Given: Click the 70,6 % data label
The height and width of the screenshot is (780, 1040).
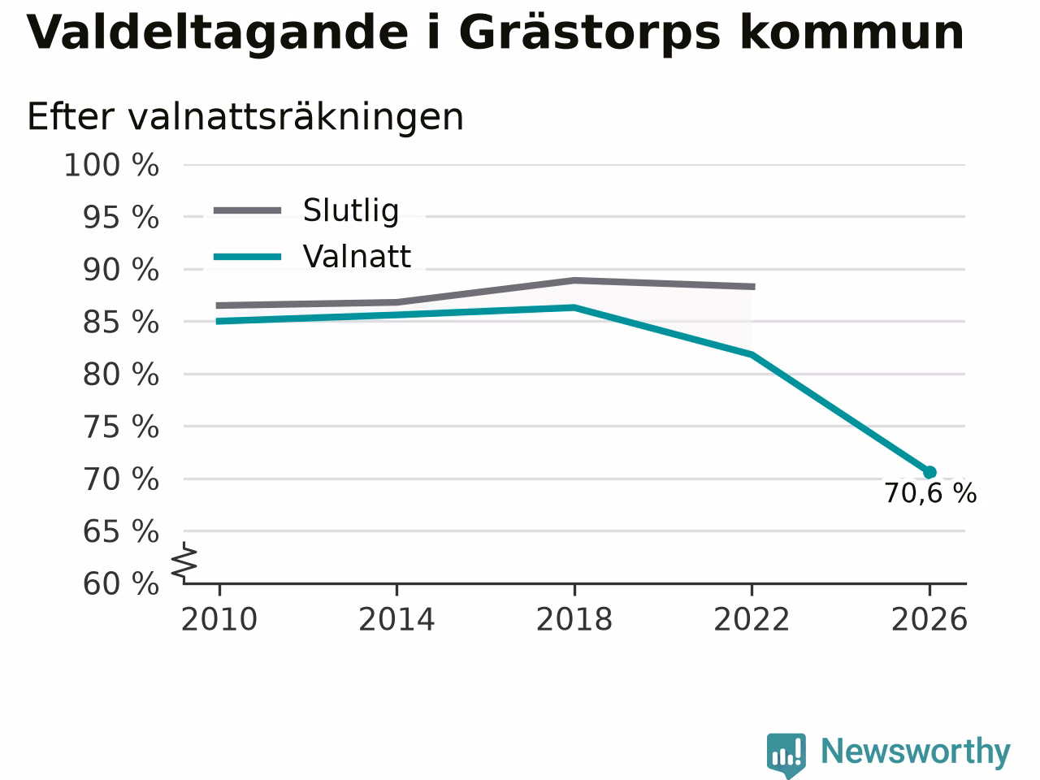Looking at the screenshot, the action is [x=930, y=493].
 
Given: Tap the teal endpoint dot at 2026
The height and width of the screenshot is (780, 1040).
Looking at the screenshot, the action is [x=929, y=472].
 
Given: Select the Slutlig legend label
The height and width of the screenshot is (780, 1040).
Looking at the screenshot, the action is [x=351, y=210].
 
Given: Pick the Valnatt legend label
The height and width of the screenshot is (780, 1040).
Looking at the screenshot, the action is [x=357, y=257].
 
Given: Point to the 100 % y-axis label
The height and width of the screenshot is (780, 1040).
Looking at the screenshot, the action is [x=111, y=166].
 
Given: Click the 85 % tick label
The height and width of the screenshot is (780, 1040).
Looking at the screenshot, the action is [x=121, y=323].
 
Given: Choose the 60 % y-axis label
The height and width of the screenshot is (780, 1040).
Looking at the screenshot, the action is [x=121, y=583].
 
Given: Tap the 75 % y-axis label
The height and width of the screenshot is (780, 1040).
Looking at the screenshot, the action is [x=121, y=427].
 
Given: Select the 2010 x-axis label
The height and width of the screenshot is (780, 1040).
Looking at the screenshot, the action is [x=219, y=619].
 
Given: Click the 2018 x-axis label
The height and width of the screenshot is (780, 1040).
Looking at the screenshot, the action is [x=574, y=619].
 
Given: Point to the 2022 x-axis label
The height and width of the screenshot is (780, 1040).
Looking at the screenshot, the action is [x=752, y=619].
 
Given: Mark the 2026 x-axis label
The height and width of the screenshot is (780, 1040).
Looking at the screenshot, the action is [x=929, y=619].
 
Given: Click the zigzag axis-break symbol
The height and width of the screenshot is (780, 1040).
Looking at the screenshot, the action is [x=184, y=562].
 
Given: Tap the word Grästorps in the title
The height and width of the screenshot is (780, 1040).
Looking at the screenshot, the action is [x=589, y=33].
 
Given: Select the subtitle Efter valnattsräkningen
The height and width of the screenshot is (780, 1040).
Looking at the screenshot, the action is [x=245, y=117].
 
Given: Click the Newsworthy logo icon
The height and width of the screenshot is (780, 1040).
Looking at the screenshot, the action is [x=786, y=755].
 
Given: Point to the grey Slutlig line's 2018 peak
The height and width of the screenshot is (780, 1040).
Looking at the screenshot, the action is [x=574, y=280].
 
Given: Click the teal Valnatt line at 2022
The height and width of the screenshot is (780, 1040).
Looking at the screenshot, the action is [x=752, y=353].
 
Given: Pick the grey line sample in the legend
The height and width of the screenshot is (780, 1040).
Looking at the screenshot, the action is [x=247, y=210].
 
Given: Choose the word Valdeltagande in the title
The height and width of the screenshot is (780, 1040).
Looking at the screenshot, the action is [x=218, y=33].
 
